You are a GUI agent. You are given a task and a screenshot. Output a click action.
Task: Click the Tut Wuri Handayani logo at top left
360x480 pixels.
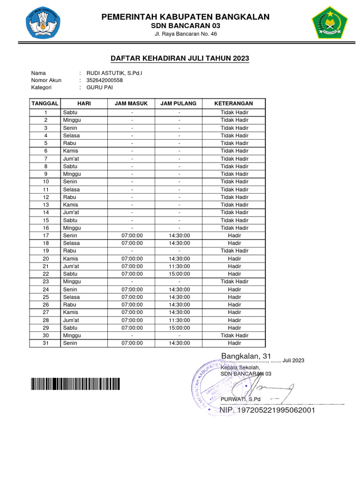pyautogui.click(x=43, y=22)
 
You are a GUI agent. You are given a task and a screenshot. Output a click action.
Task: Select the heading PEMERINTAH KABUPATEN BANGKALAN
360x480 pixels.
pyautogui.click(x=186, y=17)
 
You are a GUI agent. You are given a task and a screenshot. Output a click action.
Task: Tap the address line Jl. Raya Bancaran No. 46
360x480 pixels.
pyautogui.click(x=186, y=34)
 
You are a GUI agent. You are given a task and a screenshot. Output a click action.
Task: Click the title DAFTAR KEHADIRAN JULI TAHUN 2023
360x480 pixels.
pyautogui.click(x=180, y=59)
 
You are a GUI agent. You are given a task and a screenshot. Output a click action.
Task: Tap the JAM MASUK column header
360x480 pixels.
pyautogui.click(x=132, y=103)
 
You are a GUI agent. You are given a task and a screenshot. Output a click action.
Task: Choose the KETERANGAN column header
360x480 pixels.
pyautogui.click(x=233, y=103)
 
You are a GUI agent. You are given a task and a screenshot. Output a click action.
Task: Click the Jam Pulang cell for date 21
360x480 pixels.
pyautogui.click(x=179, y=266)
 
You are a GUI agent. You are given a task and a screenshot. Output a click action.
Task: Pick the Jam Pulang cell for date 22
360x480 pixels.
pyautogui.click(x=179, y=274)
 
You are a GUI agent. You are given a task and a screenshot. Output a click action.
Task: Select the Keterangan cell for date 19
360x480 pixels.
pyautogui.click(x=234, y=251)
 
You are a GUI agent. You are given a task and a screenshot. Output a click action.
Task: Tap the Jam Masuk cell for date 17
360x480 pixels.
pyautogui.click(x=132, y=235)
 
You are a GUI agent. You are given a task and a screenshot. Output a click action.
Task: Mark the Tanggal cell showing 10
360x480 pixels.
pyautogui.click(x=46, y=181)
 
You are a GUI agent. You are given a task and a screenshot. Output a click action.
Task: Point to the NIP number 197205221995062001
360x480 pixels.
pyautogui.click(x=267, y=411)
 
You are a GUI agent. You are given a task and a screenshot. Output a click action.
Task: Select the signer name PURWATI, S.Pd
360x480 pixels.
pyautogui.click(x=240, y=399)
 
